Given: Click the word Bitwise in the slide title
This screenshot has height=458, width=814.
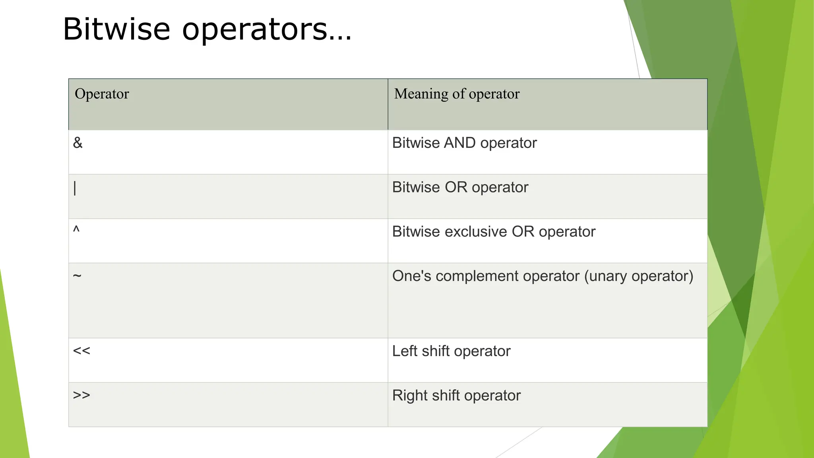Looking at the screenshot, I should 116,29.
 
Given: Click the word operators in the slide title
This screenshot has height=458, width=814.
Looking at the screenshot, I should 267,30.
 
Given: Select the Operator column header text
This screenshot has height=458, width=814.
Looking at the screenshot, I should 102,94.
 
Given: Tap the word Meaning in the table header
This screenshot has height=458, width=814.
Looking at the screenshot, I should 421,94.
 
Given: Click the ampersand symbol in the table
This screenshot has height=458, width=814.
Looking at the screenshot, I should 78,143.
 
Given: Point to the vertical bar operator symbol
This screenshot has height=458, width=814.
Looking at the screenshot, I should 75,188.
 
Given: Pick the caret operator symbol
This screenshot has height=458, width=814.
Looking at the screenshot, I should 76,229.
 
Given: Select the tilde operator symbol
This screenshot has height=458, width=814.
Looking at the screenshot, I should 77,276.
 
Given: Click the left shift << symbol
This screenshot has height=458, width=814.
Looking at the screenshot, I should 81,351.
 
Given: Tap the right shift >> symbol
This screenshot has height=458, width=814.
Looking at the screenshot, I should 81,395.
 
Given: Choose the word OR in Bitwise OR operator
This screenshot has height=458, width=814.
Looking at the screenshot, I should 456,187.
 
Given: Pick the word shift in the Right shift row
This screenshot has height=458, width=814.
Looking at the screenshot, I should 446,396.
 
